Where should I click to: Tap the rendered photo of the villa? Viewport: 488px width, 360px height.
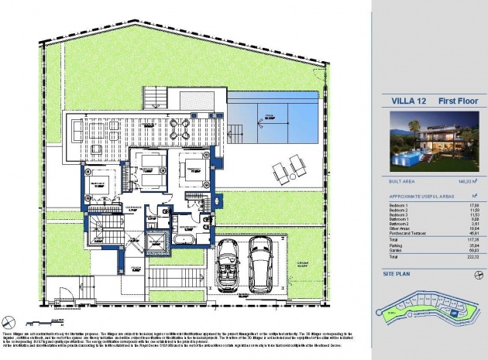click(428, 142)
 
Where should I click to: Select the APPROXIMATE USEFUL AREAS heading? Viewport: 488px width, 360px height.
click(417, 197)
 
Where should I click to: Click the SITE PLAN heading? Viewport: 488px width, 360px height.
click(400, 274)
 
